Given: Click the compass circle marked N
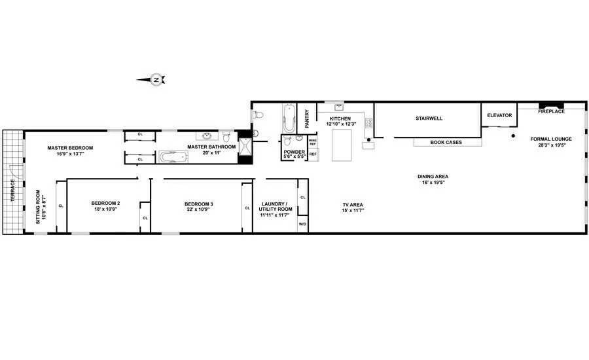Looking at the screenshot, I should tap(156, 80).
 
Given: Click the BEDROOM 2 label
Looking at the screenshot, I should tap(105, 204).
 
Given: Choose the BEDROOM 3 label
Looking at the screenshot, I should tap(198, 204).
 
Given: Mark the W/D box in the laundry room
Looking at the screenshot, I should tap(302, 225).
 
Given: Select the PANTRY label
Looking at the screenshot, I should tap(308, 118).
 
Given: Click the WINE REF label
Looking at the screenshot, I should tap(313, 142).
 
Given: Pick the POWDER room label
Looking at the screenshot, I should tap(290, 152).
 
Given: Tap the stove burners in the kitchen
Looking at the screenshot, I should tap(368, 122).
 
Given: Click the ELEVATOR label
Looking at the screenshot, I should tap(499, 115).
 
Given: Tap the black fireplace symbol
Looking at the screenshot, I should tap(550, 105).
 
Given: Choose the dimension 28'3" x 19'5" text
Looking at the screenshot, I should tap(551, 146).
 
